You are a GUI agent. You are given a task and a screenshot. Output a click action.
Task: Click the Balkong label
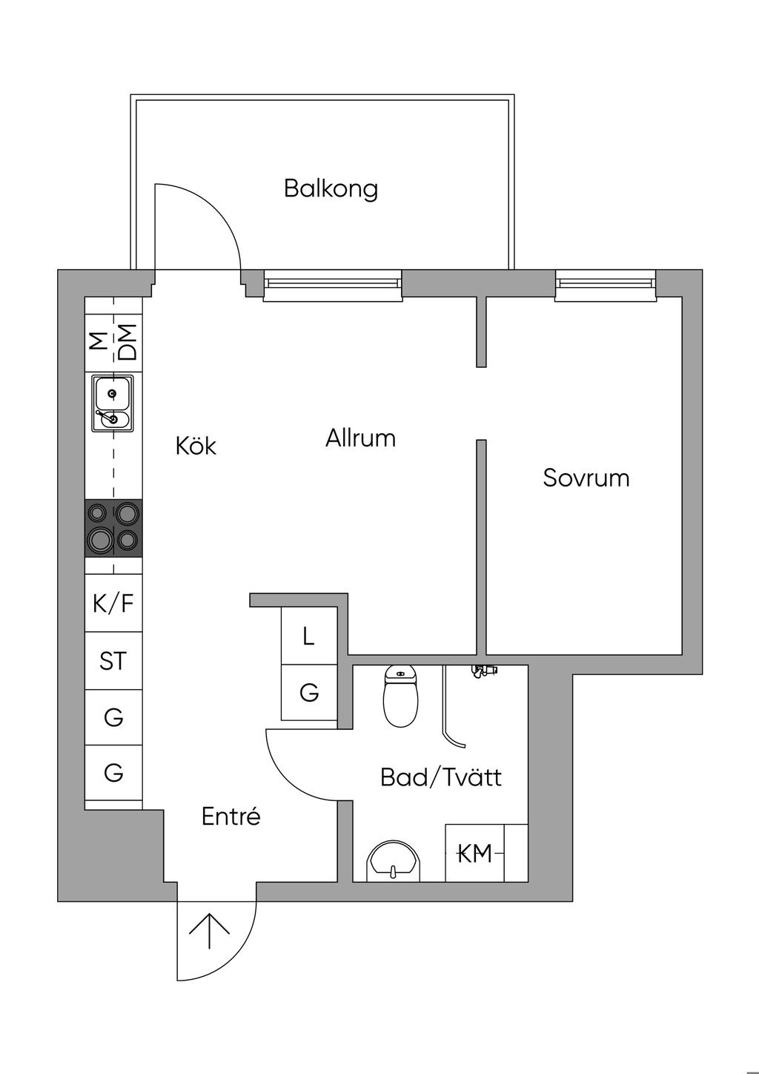coord(331,188)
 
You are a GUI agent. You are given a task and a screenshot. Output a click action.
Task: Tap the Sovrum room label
coord(586,478)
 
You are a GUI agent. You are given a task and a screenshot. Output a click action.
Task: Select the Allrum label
coord(360,438)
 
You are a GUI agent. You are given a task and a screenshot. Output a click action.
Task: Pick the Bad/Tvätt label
coord(441,777)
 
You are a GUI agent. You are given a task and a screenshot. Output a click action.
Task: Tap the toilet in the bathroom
coord(400,696)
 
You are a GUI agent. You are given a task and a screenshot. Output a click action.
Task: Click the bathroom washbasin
coord(394,860)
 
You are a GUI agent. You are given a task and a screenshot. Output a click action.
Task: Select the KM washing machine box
coord(475,853)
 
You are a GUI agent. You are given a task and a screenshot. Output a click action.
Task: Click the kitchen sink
coord(113,403)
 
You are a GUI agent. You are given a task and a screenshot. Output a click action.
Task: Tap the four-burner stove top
coord(113,528)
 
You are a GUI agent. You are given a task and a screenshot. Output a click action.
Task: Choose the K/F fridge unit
coord(113,603)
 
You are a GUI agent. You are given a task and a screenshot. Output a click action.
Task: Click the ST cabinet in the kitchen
coord(113,661)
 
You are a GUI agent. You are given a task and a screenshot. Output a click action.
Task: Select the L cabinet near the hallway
coord(309,636)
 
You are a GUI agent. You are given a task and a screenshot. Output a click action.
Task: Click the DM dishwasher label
coord(127,343)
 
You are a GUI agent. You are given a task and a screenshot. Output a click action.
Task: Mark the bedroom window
coord(606,286)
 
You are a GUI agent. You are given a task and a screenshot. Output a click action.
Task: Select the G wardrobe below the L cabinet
coord(309,692)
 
